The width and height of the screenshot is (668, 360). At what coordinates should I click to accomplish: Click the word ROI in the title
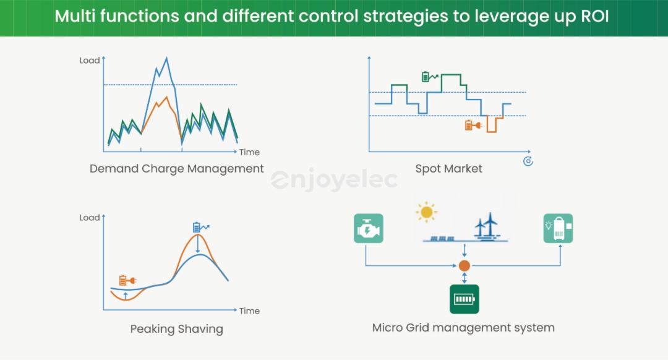(595, 16)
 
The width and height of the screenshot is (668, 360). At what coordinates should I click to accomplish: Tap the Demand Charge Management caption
(176, 169)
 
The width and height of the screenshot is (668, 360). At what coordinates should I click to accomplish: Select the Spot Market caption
(448, 169)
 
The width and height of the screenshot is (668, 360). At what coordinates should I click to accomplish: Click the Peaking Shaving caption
(176, 329)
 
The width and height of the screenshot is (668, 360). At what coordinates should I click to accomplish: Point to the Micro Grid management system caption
(463, 328)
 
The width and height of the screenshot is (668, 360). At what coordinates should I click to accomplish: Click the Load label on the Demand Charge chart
(90, 61)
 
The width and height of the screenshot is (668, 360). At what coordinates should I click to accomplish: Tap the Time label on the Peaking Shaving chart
(249, 311)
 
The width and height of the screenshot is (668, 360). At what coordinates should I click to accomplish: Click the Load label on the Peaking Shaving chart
(90, 218)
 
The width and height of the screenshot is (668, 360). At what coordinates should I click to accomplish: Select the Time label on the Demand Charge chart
(249, 152)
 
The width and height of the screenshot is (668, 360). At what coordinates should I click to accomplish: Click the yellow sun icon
(426, 212)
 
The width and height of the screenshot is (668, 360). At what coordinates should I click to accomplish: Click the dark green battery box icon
(465, 299)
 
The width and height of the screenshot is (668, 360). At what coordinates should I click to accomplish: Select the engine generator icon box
(369, 228)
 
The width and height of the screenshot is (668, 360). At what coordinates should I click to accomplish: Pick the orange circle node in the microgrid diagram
(465, 266)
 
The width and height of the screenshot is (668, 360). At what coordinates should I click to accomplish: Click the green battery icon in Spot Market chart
(429, 76)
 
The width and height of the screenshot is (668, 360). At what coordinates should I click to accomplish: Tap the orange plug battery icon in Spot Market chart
(473, 125)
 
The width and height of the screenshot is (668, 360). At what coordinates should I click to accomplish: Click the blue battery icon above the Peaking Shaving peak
(200, 227)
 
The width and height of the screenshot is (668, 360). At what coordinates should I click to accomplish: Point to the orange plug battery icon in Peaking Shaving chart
(127, 280)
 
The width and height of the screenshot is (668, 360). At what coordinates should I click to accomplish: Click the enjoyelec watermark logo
(334, 180)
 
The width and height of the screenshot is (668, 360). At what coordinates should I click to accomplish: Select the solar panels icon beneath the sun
(442, 239)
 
